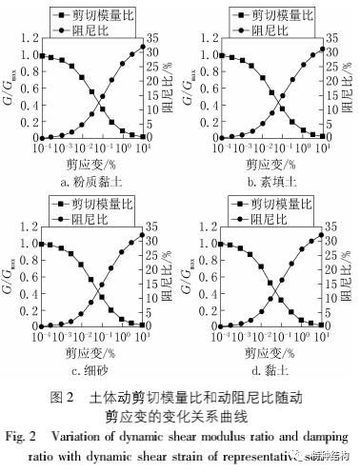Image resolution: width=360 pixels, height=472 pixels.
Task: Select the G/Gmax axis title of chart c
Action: pyautogui.click(x=9, y=279)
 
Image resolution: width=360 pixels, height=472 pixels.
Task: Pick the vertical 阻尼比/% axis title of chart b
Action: pyautogui.click(x=351, y=91)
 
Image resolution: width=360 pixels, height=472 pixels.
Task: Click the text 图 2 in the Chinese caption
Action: pyautogui.click(x=60, y=395)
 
